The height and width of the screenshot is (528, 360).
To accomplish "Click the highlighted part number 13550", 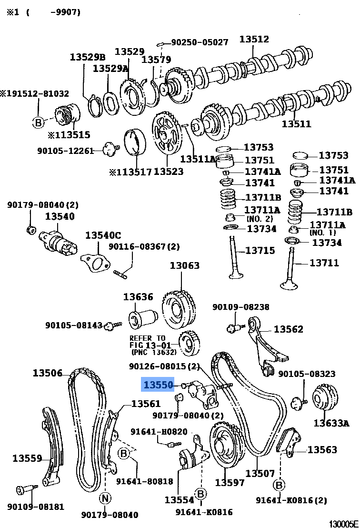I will [x=159, y=385].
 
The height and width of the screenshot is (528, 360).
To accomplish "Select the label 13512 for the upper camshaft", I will [x=254, y=40].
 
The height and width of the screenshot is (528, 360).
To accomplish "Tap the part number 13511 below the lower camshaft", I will [x=296, y=124].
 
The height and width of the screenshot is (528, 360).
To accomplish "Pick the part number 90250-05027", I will [x=200, y=42].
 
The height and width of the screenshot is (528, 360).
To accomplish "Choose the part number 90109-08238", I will [x=240, y=307].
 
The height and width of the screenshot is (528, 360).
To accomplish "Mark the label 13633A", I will [x=331, y=423].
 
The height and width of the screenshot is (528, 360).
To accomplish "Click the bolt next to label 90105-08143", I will [x=112, y=325].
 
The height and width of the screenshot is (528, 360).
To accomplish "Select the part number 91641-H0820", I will [x=159, y=432].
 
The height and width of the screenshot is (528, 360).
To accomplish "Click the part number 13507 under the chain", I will [x=260, y=473].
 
